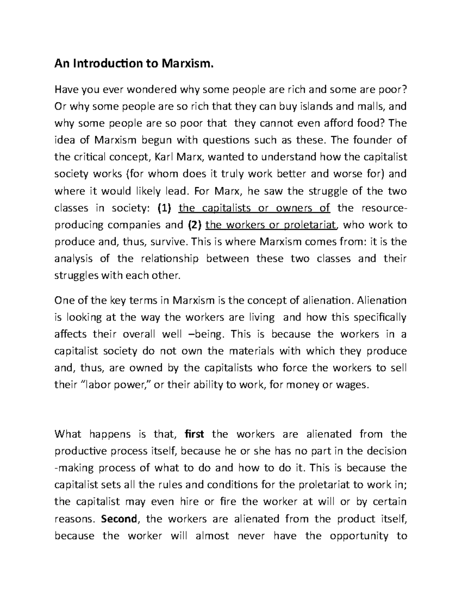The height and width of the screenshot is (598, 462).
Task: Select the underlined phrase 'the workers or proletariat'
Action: [x=271, y=225]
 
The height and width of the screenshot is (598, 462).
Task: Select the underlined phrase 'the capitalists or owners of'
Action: [x=254, y=208]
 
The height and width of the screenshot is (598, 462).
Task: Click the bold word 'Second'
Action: [x=119, y=519]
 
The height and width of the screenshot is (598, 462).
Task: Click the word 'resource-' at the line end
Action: [x=383, y=208]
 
